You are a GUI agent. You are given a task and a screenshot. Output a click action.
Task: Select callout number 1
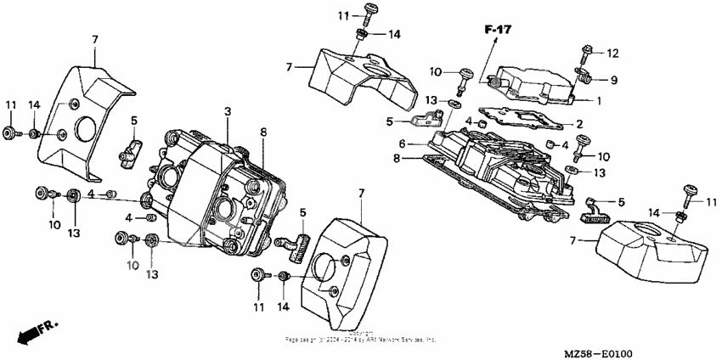[x=599, y=100]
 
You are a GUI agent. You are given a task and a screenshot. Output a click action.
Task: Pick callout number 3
[x=228, y=112]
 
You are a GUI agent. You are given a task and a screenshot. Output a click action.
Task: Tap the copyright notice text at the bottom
[x=361, y=336]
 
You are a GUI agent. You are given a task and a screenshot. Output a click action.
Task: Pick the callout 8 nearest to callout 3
[x=263, y=132]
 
